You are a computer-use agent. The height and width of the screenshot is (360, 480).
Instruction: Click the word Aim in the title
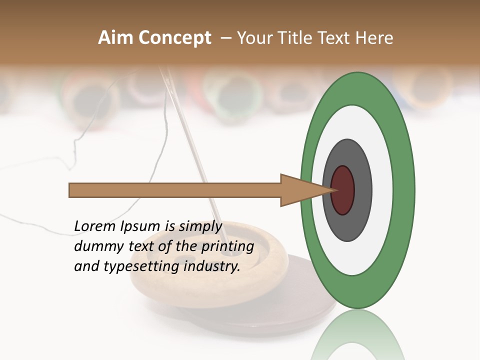coord(115,38)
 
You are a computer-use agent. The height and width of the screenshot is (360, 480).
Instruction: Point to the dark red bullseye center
coord(342,190)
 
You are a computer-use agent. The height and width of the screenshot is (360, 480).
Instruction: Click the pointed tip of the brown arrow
coord(334,190)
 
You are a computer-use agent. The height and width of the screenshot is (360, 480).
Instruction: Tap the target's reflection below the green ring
coord(357,335)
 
